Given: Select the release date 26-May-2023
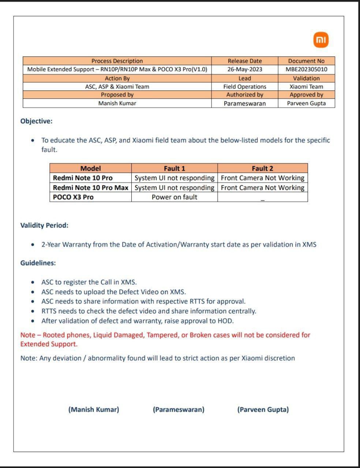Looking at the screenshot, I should point(245,69).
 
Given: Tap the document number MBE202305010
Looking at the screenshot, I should point(306,69).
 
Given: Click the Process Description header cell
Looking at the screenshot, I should point(117,61).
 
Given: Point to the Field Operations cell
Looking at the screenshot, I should point(245,87).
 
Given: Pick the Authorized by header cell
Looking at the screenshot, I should point(245,95).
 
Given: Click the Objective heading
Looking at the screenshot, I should point(36,121).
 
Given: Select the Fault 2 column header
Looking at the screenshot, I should point(262,168).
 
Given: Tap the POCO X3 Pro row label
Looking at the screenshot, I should point(73,197).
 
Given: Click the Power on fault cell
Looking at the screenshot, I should point(175,197).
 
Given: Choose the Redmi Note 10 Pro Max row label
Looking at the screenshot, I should point(90,188).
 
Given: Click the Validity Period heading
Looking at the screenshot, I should point(44,225).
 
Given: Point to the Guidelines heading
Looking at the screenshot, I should point(38,263).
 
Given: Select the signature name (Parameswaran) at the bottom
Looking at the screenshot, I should point(179,409).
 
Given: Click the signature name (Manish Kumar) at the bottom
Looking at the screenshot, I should point(94,409).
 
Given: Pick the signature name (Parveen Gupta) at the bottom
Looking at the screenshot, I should point(263,409).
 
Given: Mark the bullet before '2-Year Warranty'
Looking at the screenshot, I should point(34,245).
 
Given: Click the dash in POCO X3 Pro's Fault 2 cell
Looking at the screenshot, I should point(262,200).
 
